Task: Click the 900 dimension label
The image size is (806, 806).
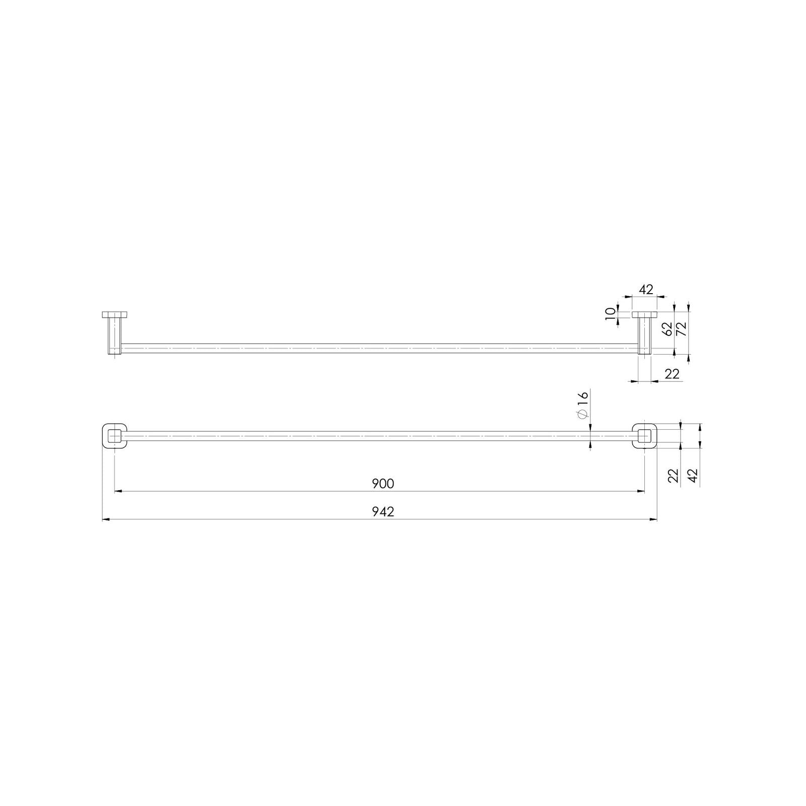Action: pos(383,484)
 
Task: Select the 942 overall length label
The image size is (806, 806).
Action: pos(383,512)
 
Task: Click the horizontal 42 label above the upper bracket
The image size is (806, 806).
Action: pos(646,290)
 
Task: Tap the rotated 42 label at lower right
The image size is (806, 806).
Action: pos(693,476)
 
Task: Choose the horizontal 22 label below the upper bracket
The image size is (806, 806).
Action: pos(672,374)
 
